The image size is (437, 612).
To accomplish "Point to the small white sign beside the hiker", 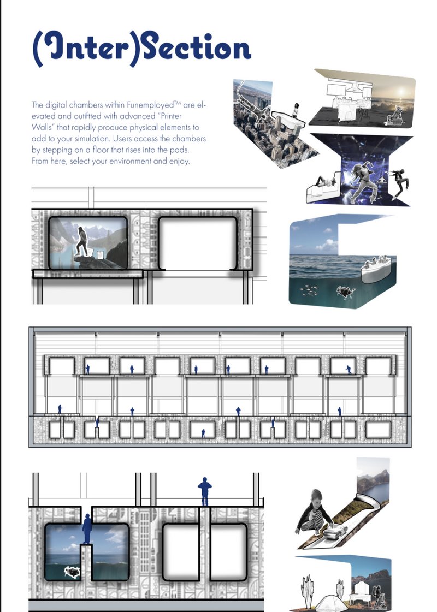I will (101, 254).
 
